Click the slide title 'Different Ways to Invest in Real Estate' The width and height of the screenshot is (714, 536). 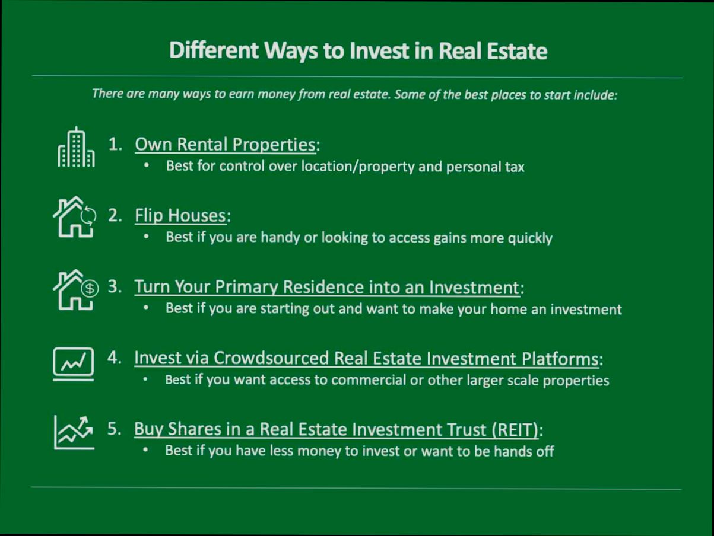pyautogui.click(x=358, y=51)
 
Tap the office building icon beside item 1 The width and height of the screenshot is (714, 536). pyautogui.click(x=76, y=148)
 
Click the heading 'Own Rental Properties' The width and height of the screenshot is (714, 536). pyautogui.click(x=225, y=144)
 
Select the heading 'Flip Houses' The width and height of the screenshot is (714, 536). pyautogui.click(x=180, y=215)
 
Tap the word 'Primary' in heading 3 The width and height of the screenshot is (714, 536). pyautogui.click(x=246, y=287)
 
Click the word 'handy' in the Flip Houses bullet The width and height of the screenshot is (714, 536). pyautogui.click(x=279, y=238)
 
